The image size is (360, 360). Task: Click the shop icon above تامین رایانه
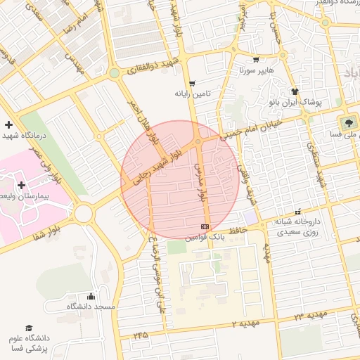pyautogui.click(x=191, y=83)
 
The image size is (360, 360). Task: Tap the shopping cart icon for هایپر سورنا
pyautogui.click(x=255, y=60)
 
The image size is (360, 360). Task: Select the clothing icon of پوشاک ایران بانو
pyautogui.click(x=294, y=91)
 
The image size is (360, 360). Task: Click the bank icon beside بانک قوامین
pyautogui.click(x=205, y=226)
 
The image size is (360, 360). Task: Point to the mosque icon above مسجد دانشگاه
pyautogui.click(x=91, y=297)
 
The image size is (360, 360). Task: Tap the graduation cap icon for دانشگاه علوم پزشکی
pyautogui.click(x=29, y=328)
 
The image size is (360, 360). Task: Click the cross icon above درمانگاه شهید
pyautogui.click(x=8, y=124)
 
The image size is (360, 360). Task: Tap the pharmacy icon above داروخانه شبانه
pyautogui.click(x=299, y=211)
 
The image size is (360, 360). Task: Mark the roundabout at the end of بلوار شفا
pyautogui.click(x=84, y=212)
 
